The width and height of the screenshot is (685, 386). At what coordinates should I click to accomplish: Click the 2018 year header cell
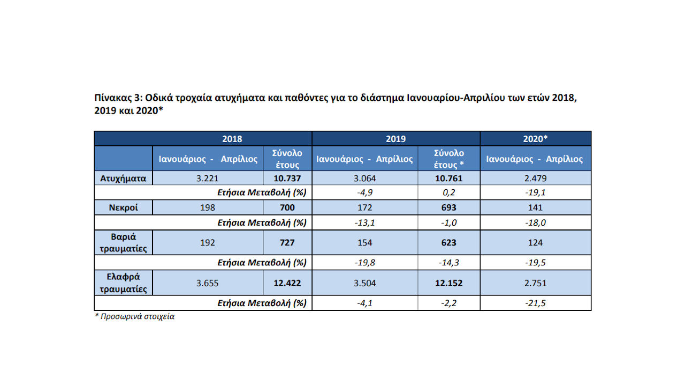click(232, 139)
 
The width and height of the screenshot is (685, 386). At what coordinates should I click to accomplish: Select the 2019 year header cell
click(395, 139)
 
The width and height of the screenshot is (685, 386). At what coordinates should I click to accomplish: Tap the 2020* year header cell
click(535, 139)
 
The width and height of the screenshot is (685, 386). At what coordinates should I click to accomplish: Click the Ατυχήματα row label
click(123, 179)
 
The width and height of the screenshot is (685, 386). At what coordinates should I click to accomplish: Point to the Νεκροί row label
click(123, 208)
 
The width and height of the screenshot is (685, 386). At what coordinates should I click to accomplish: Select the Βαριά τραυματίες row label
click(123, 242)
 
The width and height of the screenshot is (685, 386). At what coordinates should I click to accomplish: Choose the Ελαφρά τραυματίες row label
click(123, 283)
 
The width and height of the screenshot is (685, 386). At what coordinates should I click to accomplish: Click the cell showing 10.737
click(287, 179)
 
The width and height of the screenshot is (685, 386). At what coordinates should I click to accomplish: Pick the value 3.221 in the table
click(208, 179)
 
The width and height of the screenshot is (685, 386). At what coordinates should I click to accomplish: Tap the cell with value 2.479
click(535, 179)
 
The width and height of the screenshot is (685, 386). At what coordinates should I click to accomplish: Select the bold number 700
click(287, 208)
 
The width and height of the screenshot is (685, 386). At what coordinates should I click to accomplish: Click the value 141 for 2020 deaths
click(535, 208)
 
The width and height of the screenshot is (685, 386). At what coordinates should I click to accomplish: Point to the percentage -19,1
click(535, 192)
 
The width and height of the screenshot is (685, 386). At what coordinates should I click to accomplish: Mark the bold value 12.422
click(287, 283)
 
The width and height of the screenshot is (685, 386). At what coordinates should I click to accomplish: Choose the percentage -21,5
click(535, 303)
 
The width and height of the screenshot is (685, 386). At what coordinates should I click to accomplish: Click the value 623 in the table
click(449, 242)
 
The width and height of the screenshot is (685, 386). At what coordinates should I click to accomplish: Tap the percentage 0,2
click(449, 192)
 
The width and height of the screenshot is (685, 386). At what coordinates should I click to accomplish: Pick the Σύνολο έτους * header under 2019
click(449, 159)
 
